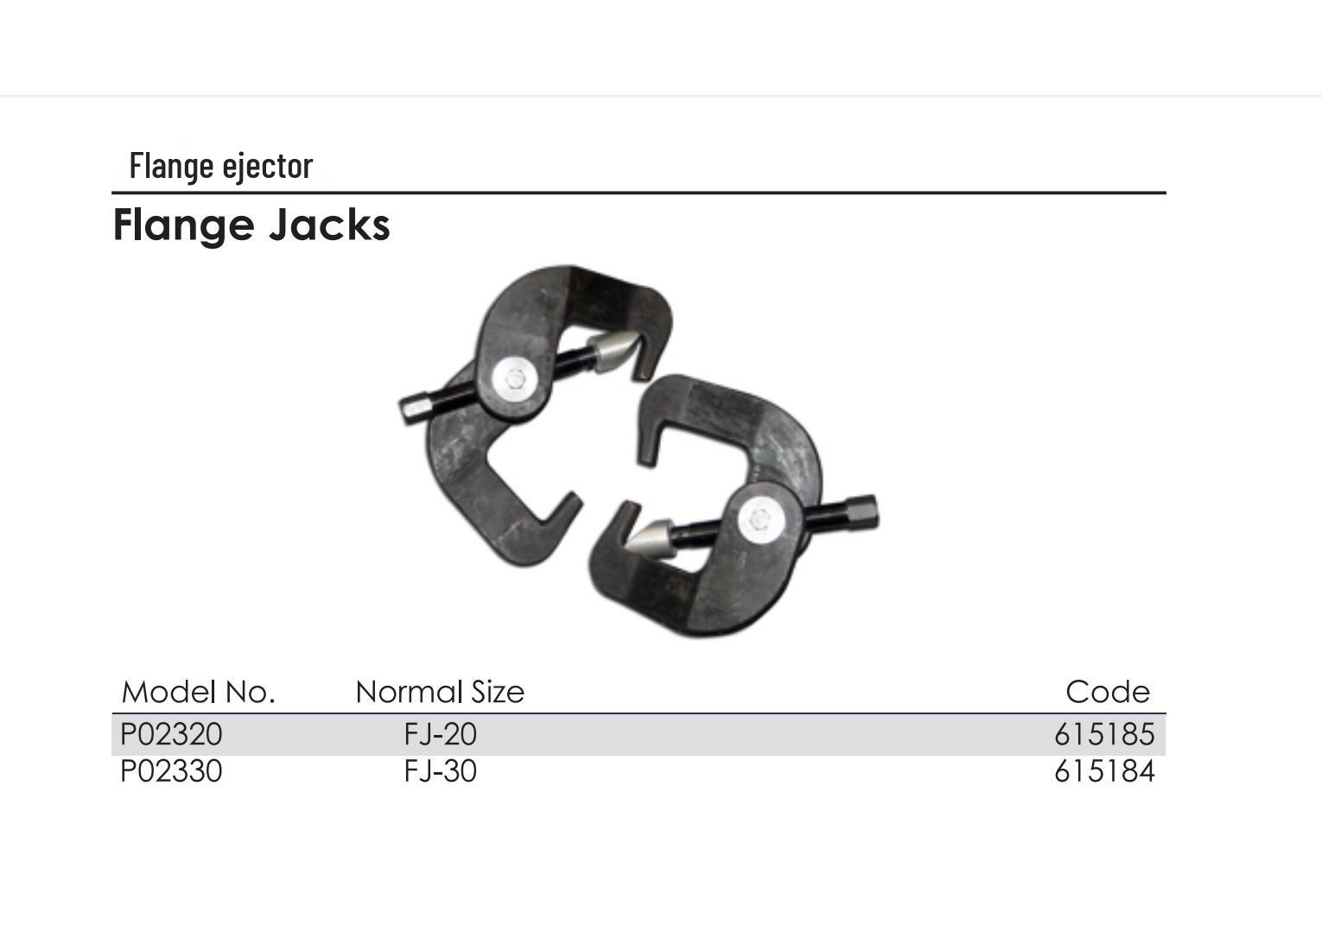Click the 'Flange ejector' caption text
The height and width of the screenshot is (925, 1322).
[220, 167]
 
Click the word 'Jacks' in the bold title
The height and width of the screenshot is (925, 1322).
[329, 225]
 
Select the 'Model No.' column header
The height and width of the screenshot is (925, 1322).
[199, 692]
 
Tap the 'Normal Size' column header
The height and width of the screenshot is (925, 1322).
[440, 692]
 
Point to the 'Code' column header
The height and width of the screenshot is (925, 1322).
[1108, 692]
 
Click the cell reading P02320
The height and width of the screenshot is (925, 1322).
[171, 734]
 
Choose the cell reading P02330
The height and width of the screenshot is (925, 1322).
[171, 771]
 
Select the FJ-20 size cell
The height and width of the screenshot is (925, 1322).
[441, 734]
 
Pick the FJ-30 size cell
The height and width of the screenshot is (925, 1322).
[441, 771]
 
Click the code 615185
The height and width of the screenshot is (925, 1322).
[1104, 734]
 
